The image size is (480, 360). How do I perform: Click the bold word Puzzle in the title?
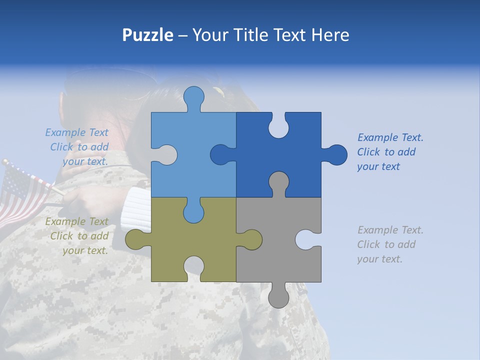147,35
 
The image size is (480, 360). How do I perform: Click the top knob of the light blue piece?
193,97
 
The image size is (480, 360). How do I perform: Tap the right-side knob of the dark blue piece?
335,154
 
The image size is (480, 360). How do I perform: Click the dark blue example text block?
390,152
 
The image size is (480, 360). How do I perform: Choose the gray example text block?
390,244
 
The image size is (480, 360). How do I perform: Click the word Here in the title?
330,35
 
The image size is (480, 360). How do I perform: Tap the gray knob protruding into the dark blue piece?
278,182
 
